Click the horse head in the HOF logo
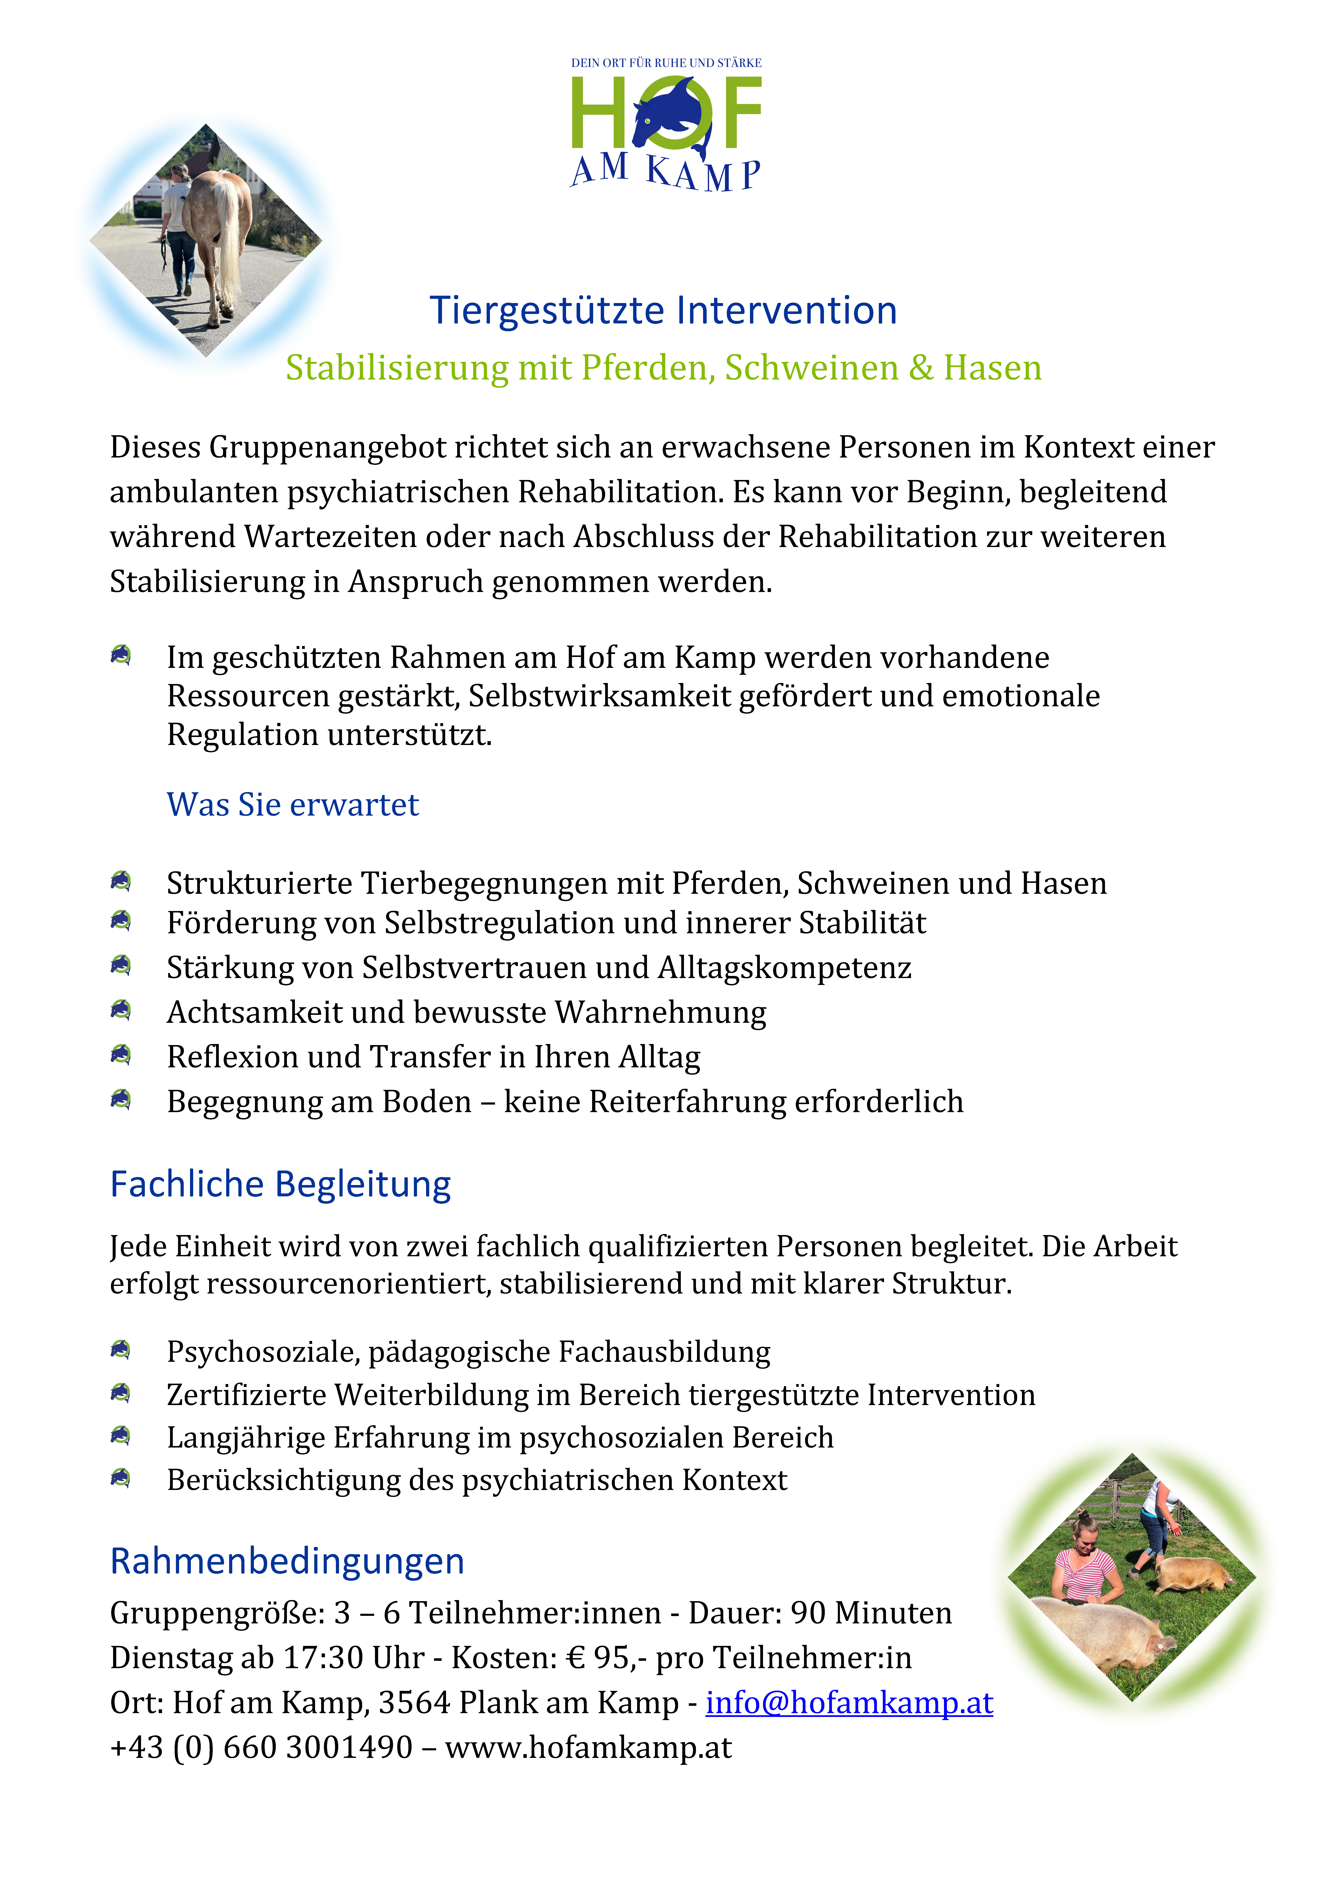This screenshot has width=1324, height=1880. pos(667,115)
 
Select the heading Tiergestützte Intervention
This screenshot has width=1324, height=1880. pos(663,311)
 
